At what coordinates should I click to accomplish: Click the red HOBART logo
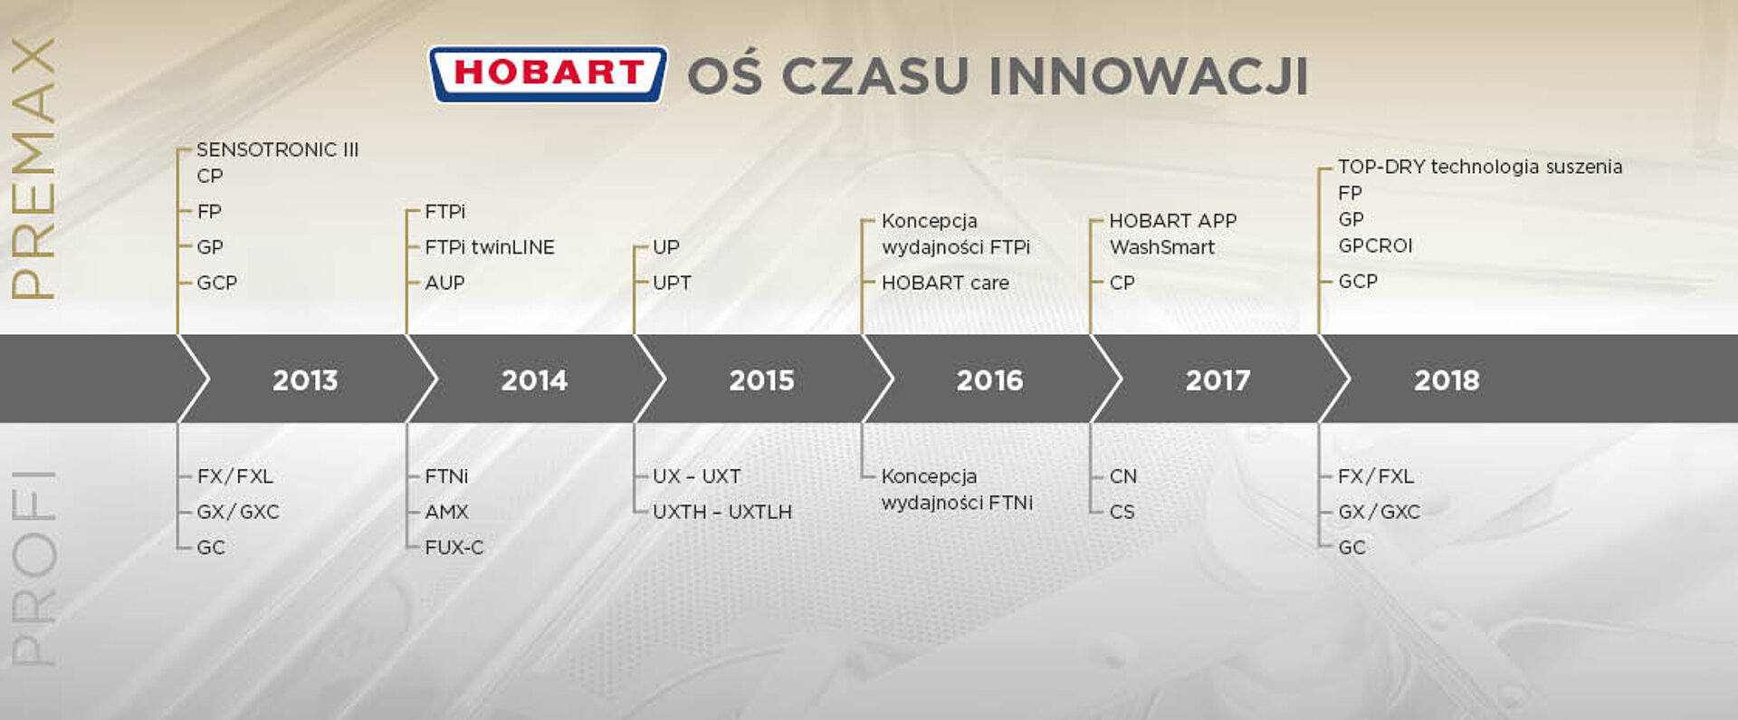tap(548, 74)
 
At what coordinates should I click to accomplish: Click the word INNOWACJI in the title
tap(1149, 75)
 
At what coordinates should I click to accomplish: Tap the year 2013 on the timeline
tap(305, 379)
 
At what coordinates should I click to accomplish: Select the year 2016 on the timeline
tap(989, 379)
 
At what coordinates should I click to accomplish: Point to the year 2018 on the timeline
tap(1447, 379)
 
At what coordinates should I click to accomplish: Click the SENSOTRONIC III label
tap(278, 149)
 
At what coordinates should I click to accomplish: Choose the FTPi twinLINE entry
tap(490, 247)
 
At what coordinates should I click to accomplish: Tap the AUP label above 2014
tap(444, 283)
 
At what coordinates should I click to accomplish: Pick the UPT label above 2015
tap(672, 283)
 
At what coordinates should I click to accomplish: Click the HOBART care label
tap(945, 283)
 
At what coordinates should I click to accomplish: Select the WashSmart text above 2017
tap(1162, 247)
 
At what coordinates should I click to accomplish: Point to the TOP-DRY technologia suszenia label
tap(1480, 167)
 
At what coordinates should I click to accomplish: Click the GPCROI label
tap(1375, 245)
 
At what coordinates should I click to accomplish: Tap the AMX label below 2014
tap(446, 512)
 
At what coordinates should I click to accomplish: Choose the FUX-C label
tap(454, 547)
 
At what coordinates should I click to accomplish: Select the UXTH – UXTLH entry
tap(722, 512)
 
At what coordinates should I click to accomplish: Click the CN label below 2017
tap(1123, 476)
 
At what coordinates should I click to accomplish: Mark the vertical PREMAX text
tap(33, 168)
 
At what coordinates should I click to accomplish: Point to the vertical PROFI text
tap(33, 568)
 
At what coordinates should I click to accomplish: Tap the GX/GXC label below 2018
tap(1379, 512)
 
